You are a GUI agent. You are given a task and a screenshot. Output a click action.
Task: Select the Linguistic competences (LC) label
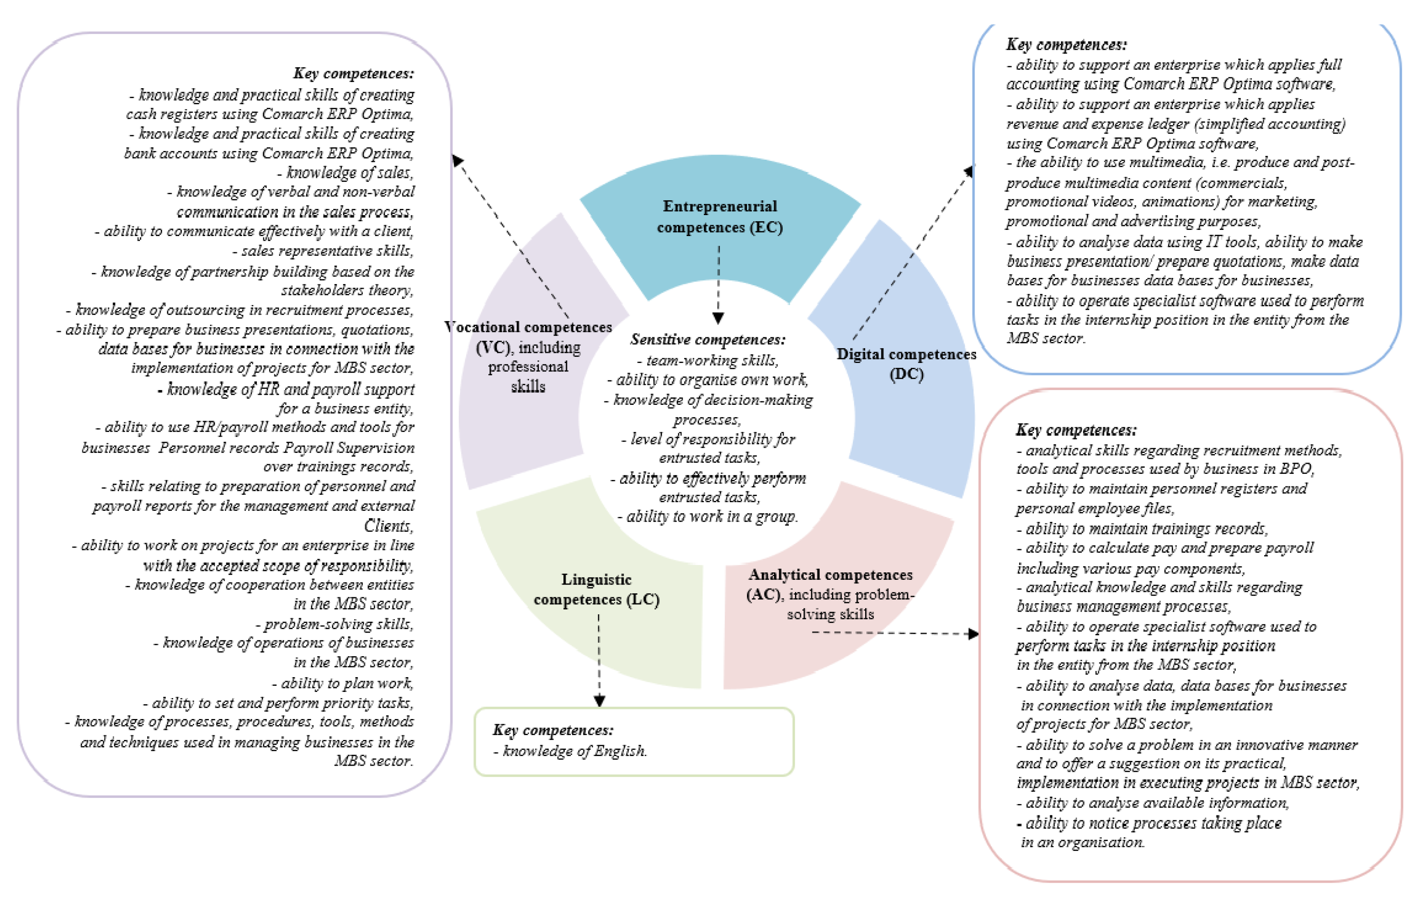click(x=597, y=589)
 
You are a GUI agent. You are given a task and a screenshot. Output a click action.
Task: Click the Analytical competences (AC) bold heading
click(x=830, y=574)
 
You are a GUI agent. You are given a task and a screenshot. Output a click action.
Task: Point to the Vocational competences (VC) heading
click(x=528, y=327)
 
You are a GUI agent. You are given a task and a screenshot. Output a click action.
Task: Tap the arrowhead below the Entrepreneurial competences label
click(x=718, y=318)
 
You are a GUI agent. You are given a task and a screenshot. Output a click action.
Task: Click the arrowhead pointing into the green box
click(x=600, y=701)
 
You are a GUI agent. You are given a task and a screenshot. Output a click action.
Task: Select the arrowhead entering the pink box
click(x=973, y=634)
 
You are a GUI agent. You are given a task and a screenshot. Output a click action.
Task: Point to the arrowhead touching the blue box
click(x=968, y=171)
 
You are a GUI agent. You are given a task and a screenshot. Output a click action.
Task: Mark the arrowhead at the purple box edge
click(x=457, y=160)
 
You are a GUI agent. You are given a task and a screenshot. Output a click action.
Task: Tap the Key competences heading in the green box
click(x=553, y=730)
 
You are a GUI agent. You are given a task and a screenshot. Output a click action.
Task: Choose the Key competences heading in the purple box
click(x=353, y=73)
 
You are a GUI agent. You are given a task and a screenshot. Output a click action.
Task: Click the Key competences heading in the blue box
click(x=1067, y=45)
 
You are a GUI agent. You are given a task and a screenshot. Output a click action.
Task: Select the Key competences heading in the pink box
click(x=1076, y=430)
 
